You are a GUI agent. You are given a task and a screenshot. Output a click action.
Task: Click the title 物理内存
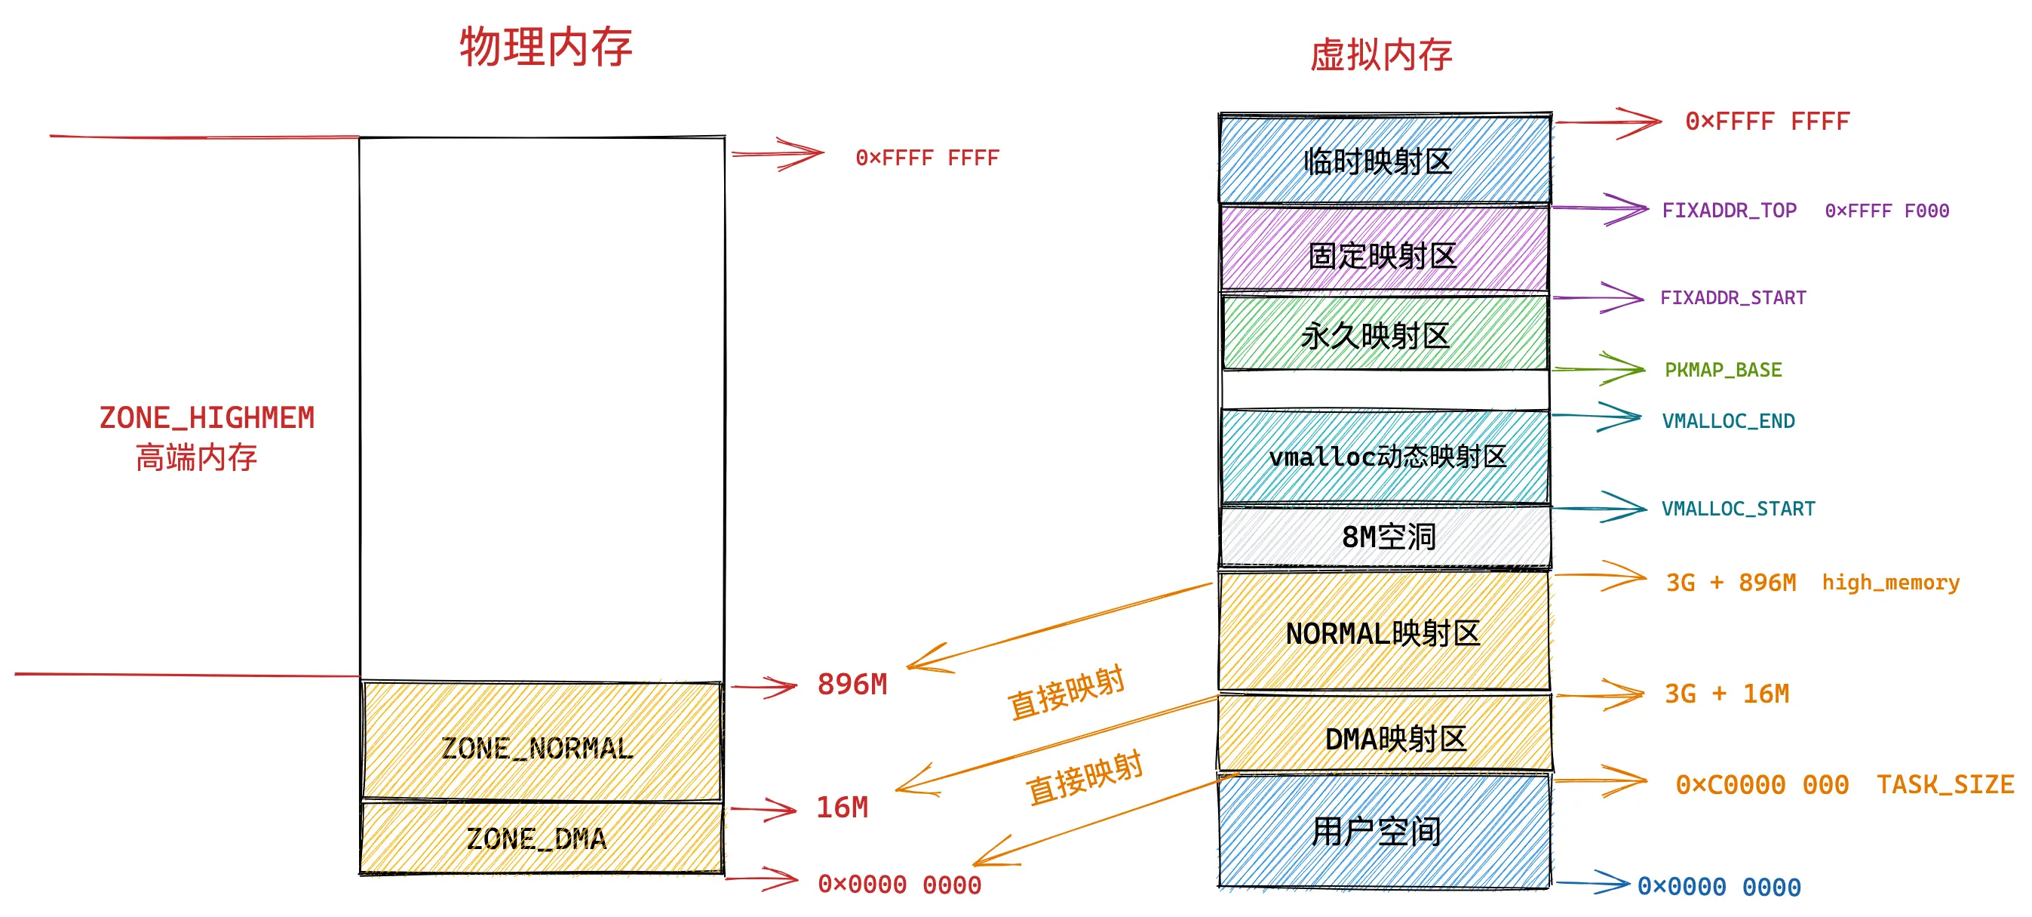(x=546, y=48)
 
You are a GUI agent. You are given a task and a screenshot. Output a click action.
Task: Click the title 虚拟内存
(x=1380, y=55)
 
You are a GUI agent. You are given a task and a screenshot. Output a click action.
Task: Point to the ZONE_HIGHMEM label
(x=207, y=418)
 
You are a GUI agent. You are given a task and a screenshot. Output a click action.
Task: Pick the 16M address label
(x=842, y=808)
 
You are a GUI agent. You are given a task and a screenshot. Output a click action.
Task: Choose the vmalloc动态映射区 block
(x=1385, y=456)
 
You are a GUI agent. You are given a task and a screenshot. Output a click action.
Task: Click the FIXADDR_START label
(x=1733, y=297)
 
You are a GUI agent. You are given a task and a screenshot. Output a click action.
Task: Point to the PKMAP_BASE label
(x=1723, y=370)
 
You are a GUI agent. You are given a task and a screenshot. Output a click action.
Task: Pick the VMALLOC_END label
(x=1727, y=421)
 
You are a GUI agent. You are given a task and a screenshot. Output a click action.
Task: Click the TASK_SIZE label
(x=1945, y=784)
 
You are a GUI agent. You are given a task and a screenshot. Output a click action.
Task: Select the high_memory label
(x=1890, y=583)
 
